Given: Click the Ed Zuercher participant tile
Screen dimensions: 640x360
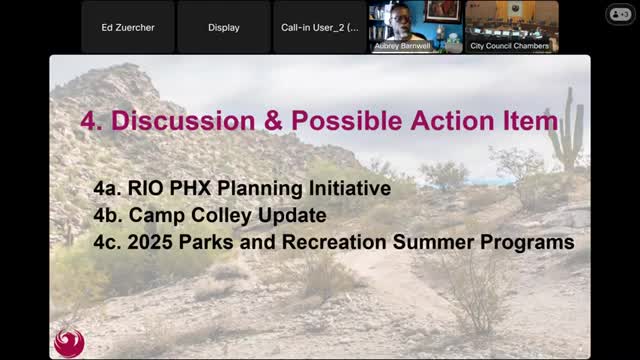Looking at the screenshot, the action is [128, 27].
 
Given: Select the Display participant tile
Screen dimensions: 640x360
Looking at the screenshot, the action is [224, 27].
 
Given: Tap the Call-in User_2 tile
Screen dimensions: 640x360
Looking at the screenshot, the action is [320, 27].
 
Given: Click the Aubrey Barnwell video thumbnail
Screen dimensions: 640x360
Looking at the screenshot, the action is [416, 27].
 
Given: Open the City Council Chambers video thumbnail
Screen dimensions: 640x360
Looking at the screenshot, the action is [512, 27].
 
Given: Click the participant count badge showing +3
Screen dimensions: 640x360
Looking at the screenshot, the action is [620, 14].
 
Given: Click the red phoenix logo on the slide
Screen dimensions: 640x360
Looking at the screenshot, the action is [69, 342].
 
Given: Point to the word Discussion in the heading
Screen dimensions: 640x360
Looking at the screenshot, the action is [183, 121].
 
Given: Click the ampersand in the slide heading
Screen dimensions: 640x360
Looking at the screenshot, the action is [273, 121].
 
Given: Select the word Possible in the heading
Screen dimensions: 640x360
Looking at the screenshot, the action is [346, 121].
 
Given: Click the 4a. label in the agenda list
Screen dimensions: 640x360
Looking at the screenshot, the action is [107, 189].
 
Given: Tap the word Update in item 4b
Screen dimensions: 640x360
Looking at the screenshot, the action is [292, 216].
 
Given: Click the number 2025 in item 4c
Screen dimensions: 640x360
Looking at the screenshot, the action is [150, 242].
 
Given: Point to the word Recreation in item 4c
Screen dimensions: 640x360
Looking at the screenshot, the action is [334, 242].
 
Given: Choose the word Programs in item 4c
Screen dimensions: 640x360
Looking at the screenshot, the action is [527, 242].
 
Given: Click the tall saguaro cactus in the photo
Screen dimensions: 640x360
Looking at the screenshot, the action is [568, 131].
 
